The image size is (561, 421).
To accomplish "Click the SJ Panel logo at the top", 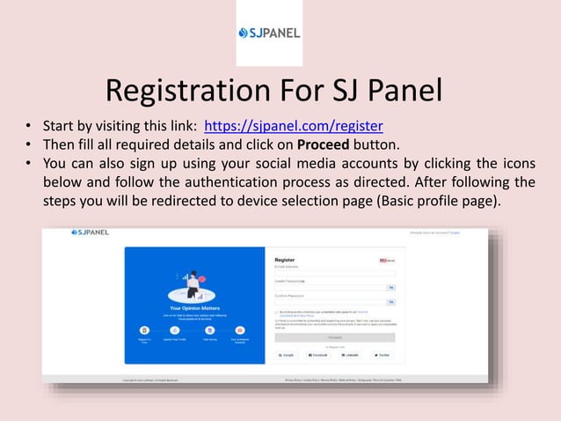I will click(x=269, y=33).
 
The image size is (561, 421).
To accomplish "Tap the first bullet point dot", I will click(x=29, y=125).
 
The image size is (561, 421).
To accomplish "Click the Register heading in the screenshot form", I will click(x=285, y=260).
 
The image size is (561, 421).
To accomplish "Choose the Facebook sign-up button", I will click(x=318, y=354).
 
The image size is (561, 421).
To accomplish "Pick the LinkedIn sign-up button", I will click(x=349, y=354).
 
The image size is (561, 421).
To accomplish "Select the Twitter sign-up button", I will click(x=382, y=354).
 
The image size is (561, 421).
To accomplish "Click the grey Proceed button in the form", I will click(x=335, y=336).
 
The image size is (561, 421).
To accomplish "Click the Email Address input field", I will click(x=335, y=274).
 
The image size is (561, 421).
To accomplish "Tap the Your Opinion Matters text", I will click(x=194, y=308).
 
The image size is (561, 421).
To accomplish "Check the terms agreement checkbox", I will click(x=277, y=312).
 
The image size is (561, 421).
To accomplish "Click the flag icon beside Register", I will click(x=384, y=261).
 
